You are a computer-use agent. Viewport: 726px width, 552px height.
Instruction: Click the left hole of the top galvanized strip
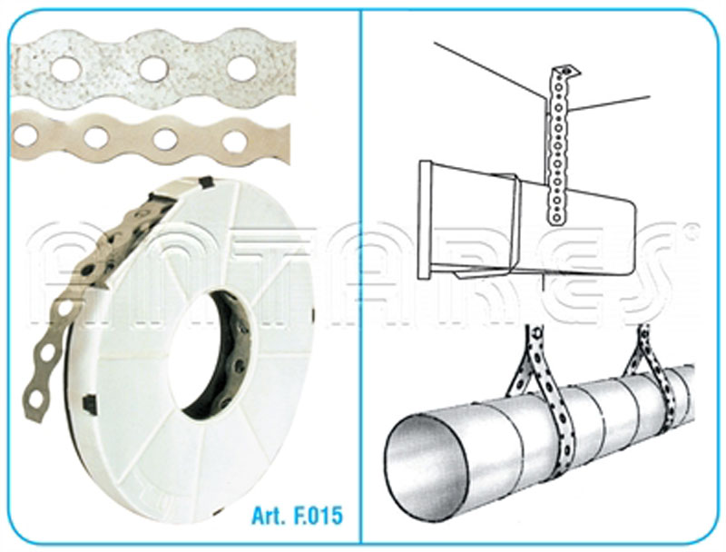(66, 70)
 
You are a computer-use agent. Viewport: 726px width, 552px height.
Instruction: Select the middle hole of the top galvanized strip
(152, 67)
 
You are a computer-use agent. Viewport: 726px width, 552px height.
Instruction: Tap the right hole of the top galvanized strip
(241, 66)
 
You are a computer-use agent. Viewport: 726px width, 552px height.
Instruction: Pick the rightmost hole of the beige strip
(235, 142)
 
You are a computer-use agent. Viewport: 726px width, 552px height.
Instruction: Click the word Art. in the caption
(269, 516)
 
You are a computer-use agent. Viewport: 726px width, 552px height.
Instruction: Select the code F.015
(319, 516)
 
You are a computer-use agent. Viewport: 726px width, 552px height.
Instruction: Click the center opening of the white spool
(215, 352)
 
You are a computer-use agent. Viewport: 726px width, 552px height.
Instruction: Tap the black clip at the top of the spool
(202, 182)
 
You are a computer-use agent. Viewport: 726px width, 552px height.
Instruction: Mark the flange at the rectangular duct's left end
(425, 220)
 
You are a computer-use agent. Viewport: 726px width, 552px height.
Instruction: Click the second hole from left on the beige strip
(96, 136)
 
